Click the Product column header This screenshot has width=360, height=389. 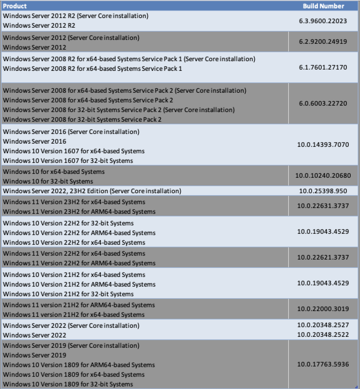[x=15, y=6]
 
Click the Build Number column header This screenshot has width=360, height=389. [x=323, y=6]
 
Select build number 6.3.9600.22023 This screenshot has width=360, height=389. [x=323, y=21]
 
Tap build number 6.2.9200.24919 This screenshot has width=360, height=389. [x=323, y=42]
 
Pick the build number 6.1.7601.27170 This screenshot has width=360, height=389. [x=323, y=67]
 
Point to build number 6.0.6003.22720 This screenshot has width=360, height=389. [x=323, y=103]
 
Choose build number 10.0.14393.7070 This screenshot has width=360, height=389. [x=323, y=145]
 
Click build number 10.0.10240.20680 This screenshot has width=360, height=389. [x=323, y=176]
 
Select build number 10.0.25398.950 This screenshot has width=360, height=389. [x=323, y=191]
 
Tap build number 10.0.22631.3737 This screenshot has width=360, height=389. [x=323, y=206]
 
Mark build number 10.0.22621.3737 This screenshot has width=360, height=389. [x=323, y=257]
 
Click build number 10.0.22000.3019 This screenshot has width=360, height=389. [x=323, y=309]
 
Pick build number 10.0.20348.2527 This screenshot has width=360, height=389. [x=323, y=325]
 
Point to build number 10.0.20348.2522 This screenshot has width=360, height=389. [x=323, y=335]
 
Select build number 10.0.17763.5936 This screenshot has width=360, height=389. [x=323, y=364]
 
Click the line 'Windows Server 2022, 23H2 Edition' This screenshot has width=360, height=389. [x=92, y=191]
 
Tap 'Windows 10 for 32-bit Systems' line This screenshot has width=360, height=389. [x=48, y=181]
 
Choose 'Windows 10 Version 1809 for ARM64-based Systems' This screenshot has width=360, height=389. [x=79, y=365]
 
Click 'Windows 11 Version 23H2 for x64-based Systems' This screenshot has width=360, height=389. [x=74, y=202]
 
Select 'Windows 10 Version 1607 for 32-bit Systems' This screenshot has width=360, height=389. [x=68, y=161]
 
